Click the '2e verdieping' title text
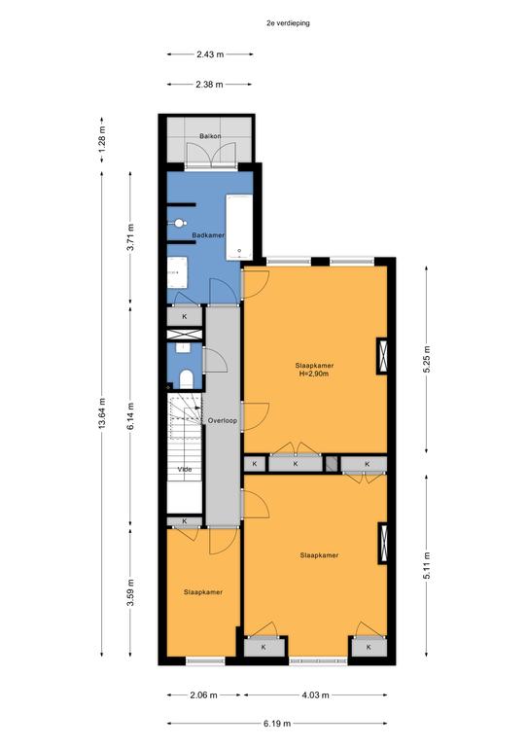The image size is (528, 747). [288, 23]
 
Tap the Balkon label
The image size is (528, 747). [210, 136]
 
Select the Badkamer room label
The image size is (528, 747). [208, 235]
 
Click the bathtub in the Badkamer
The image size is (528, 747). [239, 228]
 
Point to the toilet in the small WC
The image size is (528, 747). [186, 378]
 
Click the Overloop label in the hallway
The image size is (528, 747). [223, 420]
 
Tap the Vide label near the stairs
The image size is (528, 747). [185, 469]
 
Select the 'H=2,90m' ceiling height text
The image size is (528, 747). [314, 373]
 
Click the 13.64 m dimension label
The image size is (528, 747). [102, 412]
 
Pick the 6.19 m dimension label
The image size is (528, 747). [277, 724]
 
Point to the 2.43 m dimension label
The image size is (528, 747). [210, 54]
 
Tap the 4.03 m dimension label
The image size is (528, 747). [315, 695]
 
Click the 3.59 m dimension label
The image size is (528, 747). [130, 592]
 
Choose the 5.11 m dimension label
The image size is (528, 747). [427, 565]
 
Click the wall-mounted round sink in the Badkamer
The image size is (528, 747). [179, 223]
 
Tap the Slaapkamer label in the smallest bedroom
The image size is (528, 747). [203, 592]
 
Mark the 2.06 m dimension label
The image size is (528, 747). [203, 695]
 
